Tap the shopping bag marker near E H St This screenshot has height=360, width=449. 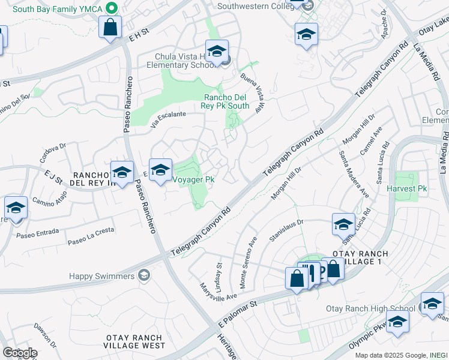point(110,28)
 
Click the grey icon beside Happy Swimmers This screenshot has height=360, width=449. point(143,275)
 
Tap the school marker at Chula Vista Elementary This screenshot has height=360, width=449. point(217,52)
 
